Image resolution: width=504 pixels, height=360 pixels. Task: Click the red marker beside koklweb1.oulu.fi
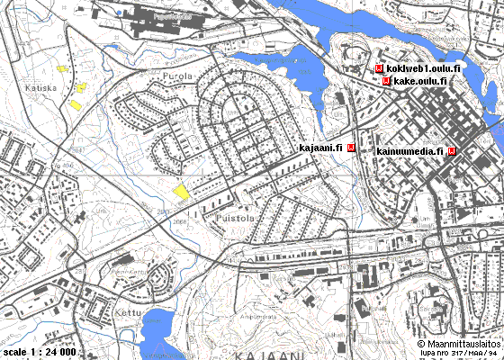[379, 68]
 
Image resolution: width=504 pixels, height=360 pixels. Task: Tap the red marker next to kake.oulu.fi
[387, 81]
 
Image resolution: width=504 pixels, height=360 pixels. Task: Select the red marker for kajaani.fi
[351, 148]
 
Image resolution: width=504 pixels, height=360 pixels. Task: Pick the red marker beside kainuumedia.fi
[451, 150]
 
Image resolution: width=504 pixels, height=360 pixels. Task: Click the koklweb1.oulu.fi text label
[423, 68]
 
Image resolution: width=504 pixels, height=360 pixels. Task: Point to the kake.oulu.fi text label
[420, 81]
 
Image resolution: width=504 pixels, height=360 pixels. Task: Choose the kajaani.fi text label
[320, 148]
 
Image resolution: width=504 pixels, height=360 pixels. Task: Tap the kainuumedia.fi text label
[410, 150]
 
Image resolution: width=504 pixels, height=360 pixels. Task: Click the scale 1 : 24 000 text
[40, 351]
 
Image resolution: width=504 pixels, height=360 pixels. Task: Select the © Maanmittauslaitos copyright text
[459, 343]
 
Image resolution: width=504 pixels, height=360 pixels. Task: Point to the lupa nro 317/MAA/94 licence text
[461, 353]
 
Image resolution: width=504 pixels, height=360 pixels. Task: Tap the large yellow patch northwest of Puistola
[182, 192]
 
